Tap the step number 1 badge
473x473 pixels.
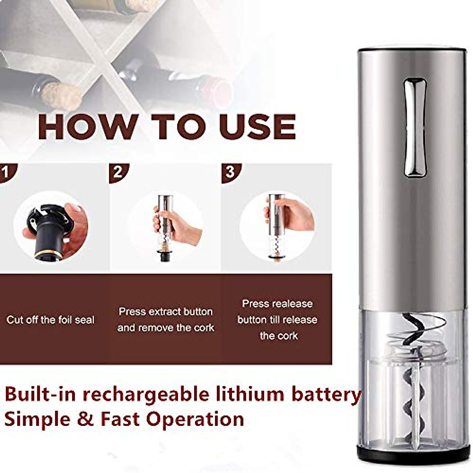tap(7, 172)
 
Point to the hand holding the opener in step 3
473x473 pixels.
tap(294, 215)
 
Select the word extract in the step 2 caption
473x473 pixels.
tap(165, 312)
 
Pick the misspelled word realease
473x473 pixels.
tap(293, 304)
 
